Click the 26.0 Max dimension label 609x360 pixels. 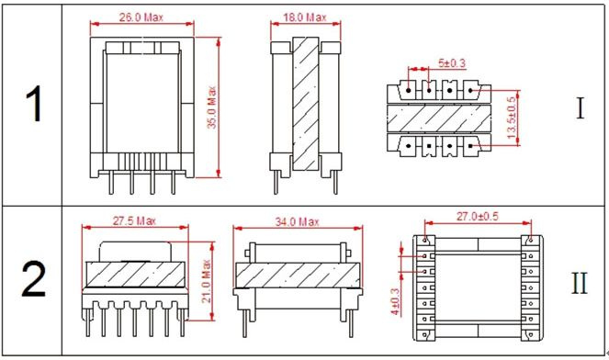[141, 17]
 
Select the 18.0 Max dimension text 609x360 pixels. [305, 17]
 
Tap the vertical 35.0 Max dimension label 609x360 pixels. [211, 107]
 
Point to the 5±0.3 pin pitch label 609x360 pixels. [452, 63]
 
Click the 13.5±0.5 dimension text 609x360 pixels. [512, 118]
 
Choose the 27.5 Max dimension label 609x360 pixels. [134, 221]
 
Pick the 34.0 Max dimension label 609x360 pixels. [297, 221]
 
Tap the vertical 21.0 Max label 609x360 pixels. [207, 281]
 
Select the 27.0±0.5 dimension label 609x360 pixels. [477, 217]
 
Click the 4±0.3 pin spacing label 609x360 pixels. [395, 301]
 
